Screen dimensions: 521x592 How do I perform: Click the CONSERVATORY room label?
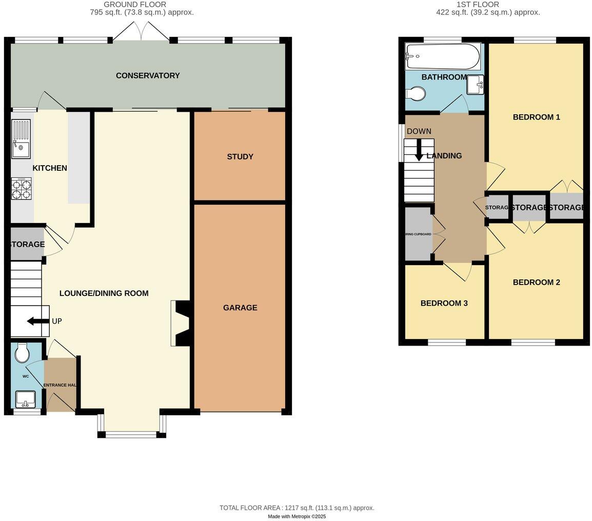(x=148, y=75)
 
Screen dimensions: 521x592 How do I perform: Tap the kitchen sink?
(x=21, y=138)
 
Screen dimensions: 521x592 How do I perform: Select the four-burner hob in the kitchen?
(x=21, y=188)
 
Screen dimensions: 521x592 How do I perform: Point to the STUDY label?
(x=240, y=156)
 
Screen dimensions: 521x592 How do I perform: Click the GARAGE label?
(x=240, y=308)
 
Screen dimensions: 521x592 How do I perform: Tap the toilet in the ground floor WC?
(x=22, y=352)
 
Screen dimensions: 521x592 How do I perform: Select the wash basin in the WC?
(x=25, y=398)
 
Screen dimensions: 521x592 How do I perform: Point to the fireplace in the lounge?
(x=181, y=323)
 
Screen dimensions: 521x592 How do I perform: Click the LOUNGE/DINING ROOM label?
(x=104, y=293)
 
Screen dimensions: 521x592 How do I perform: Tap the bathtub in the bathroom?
(x=443, y=56)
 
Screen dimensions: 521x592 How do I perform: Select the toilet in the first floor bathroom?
(x=416, y=94)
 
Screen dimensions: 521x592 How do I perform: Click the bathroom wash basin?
(x=475, y=85)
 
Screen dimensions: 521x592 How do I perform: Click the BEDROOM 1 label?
(x=536, y=117)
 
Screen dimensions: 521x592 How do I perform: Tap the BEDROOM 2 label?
(x=536, y=282)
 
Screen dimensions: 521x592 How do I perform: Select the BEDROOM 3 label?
(x=444, y=303)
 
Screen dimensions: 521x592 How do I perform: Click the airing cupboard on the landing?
(x=418, y=234)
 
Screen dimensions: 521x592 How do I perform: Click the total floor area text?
(x=297, y=508)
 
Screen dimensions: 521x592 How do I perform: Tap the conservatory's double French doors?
(x=141, y=32)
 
